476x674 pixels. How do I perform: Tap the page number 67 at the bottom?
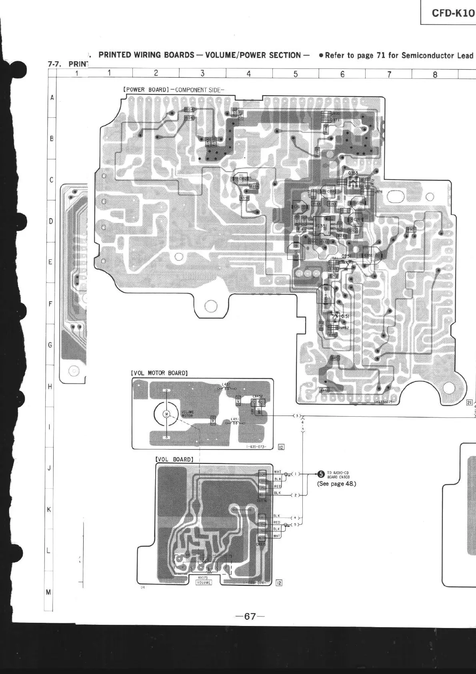pos(250,616)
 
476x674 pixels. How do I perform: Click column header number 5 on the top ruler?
pos(296,74)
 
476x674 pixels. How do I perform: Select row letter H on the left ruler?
pos(50,387)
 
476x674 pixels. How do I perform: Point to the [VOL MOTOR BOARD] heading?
pos(159,373)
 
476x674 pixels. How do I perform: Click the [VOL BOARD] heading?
pos(174,459)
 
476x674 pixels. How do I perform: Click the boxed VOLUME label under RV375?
pos(204,582)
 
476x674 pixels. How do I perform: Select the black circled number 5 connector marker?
pos(320,474)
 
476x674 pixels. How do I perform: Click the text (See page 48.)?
pos(336,483)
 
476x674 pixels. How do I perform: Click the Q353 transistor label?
pos(353,173)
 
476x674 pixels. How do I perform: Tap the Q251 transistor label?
pos(346,257)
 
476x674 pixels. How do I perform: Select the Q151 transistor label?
pos(345,316)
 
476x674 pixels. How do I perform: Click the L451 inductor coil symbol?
pos(235,422)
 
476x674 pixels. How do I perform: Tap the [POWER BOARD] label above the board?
pos(145,90)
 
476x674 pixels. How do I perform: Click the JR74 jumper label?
pos(378,192)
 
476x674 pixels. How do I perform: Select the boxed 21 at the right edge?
pos(469,403)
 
